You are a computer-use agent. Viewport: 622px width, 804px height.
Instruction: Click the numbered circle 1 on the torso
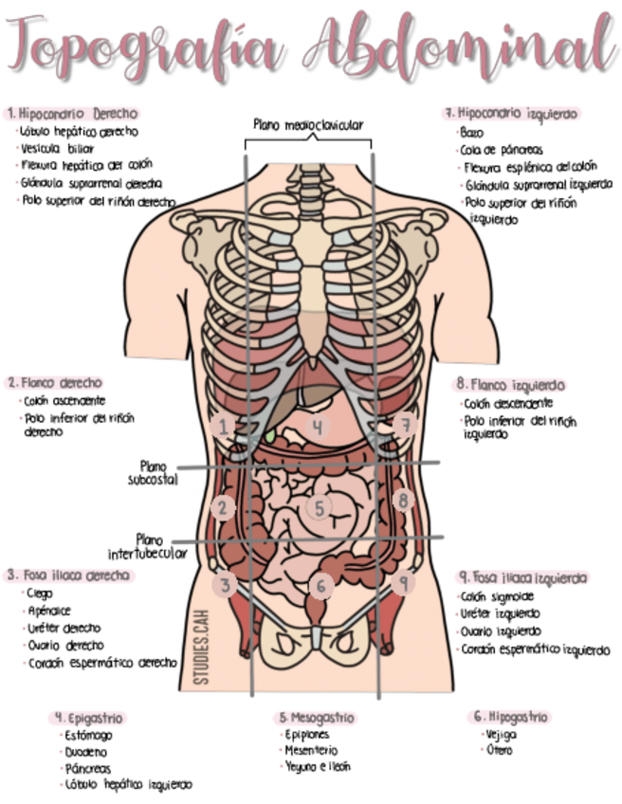pyautogui.click(x=224, y=427)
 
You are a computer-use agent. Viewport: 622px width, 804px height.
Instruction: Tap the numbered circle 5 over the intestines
pyautogui.click(x=320, y=508)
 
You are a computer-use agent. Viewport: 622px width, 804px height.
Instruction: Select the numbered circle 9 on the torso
pyautogui.click(x=405, y=583)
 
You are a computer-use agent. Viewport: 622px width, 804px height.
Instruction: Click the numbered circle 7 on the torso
pyautogui.click(x=406, y=425)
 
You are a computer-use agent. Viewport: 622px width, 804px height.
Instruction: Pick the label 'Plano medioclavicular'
pyautogui.click(x=308, y=124)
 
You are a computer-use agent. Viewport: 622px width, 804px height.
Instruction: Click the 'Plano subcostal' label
pyautogui.click(x=152, y=472)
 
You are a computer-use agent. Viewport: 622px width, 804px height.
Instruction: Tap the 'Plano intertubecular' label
pyautogui.click(x=148, y=545)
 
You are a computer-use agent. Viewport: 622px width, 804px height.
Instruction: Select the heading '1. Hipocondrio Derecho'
pyautogui.click(x=72, y=113)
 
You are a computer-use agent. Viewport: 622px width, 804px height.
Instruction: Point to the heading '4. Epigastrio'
pyautogui.click(x=89, y=718)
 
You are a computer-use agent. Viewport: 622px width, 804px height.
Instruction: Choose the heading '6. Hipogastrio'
pyautogui.click(x=509, y=717)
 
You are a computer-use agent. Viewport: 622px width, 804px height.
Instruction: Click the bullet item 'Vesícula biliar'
pyautogui.click(x=58, y=148)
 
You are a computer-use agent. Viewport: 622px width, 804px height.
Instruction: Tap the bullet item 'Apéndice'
pyautogui.click(x=49, y=611)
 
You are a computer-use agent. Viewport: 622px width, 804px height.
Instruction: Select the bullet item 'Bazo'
pyautogui.click(x=471, y=133)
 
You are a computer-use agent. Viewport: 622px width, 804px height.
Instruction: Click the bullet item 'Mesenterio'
pyautogui.click(x=311, y=750)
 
